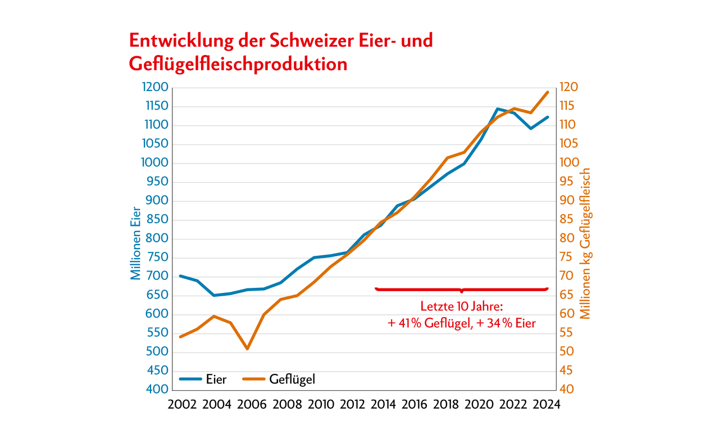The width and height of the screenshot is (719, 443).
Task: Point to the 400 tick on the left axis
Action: point(157,390)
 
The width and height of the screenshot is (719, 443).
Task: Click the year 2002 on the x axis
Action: point(181,405)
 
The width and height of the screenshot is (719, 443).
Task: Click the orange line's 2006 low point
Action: point(247,349)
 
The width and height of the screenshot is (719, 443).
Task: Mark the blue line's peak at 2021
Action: point(497,109)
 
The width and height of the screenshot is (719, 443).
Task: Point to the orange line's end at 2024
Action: point(548,92)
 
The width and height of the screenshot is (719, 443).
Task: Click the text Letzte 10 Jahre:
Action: point(461,307)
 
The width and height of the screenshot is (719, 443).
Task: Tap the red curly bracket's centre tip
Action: point(461,292)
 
